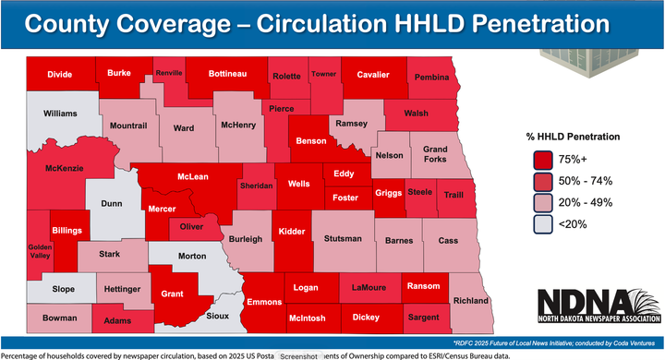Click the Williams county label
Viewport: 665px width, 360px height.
pyautogui.click(x=61, y=114)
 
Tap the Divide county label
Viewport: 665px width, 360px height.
pyautogui.click(x=61, y=72)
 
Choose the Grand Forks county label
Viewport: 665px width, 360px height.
pyautogui.click(x=435, y=155)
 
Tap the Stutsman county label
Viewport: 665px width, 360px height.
pyautogui.click(x=343, y=240)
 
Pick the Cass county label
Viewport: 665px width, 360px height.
pyautogui.click(x=448, y=240)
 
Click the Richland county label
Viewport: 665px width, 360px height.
pyautogui.click(x=471, y=300)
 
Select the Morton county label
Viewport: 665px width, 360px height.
pyautogui.click(x=191, y=255)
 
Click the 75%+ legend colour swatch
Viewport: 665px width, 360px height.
pyautogui.click(x=541, y=159)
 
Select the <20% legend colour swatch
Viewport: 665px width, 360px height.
pyautogui.click(x=541, y=222)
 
